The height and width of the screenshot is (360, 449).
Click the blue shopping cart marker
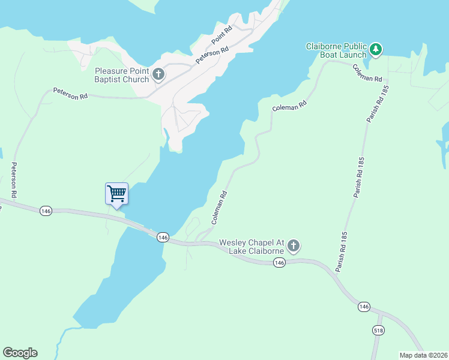point(116,194)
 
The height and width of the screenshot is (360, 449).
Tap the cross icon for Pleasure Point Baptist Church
point(158,75)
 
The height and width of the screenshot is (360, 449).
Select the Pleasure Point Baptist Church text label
point(122,75)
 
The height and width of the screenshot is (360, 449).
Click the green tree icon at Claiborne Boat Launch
point(376,49)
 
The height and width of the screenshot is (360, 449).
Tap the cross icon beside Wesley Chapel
point(294,245)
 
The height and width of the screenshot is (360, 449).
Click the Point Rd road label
point(221,37)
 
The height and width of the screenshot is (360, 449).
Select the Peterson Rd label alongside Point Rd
point(212,56)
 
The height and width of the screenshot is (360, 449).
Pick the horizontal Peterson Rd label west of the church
point(70,94)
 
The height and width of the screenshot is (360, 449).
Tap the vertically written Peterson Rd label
point(13,181)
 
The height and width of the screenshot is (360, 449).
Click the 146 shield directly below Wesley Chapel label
point(279,263)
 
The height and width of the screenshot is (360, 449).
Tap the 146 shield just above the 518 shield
point(363,307)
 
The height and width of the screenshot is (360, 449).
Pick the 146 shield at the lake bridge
point(162,238)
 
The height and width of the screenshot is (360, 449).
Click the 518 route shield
point(378,331)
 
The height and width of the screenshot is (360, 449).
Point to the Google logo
point(20,353)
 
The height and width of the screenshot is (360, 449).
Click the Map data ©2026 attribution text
point(424,355)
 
